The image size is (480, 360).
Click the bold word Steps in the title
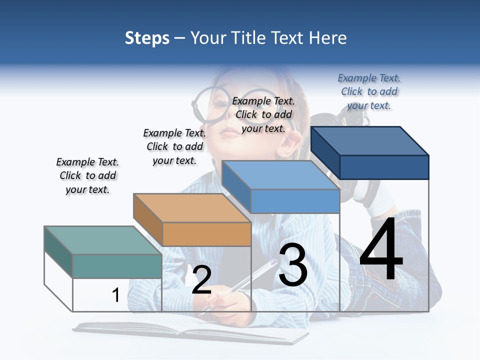tap(147, 38)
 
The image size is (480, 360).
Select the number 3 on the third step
tap(293, 265)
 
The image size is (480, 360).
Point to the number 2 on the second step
tap(201, 280)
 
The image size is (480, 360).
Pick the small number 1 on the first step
tap(115, 295)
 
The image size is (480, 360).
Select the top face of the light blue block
tap(280, 175)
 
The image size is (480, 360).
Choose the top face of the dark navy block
tap(370, 140)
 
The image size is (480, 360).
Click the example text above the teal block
tap(87, 175)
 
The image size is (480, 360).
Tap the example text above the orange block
tap(174, 146)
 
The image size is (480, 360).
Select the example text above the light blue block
tap(263, 114)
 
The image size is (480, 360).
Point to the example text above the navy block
tap(369, 91)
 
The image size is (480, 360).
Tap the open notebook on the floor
tap(190, 330)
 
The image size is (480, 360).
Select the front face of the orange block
tap(206, 234)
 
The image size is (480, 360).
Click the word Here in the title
tap(328, 38)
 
